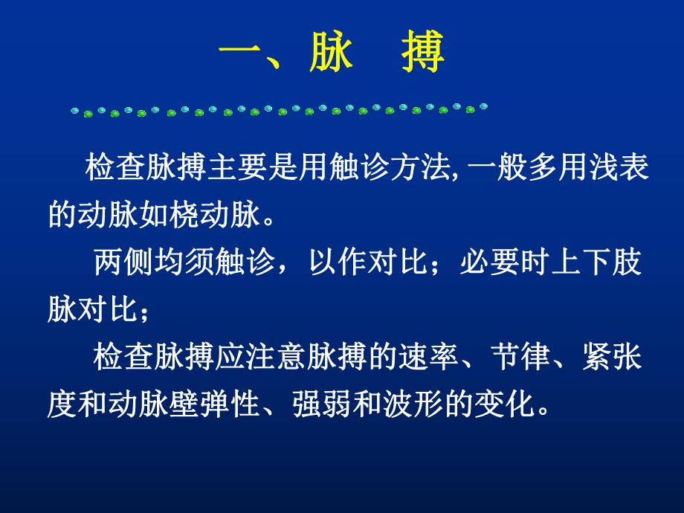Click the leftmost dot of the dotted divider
click(x=74, y=112)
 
